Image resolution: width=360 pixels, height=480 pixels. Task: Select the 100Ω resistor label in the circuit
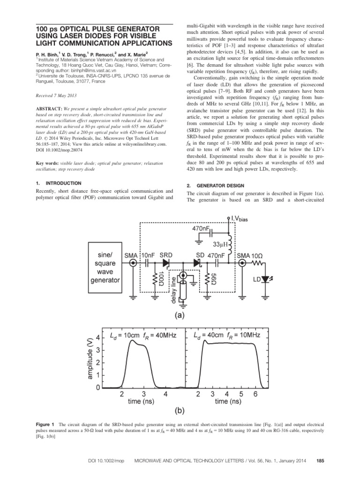161,277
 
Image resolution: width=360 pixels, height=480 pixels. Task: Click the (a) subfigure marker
179,316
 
